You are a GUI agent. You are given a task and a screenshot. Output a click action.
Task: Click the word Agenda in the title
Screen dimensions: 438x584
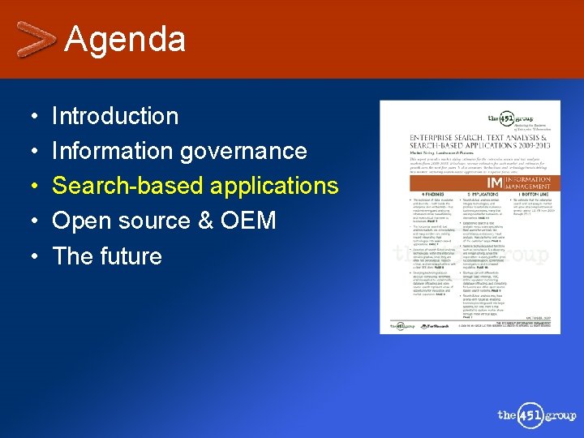125,39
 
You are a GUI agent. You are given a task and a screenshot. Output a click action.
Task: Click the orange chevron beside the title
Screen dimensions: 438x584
36,38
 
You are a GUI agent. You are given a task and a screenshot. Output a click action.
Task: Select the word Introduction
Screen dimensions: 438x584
115,116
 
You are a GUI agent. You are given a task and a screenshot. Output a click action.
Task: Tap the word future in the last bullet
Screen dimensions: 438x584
131,256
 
